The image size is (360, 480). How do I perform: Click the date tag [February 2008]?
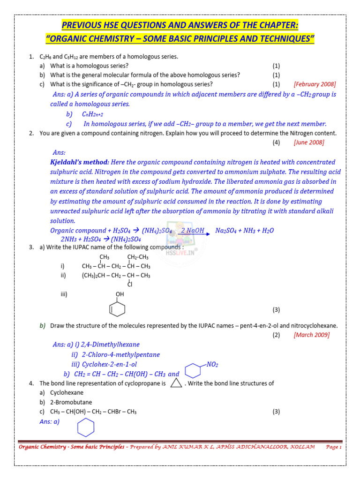pos(315,84)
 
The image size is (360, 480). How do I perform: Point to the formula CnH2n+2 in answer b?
pos(92,114)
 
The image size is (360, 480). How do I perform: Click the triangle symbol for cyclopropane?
pos(176,383)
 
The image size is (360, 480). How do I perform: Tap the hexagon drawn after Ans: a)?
pos(86,427)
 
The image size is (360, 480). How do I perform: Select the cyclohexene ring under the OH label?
pos(117,309)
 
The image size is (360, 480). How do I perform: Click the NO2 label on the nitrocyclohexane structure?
pos(212,364)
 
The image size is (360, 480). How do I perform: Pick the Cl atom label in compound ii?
pos(130,284)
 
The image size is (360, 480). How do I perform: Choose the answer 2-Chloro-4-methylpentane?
pos(120,354)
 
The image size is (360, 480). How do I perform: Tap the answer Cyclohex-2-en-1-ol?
pos(110,364)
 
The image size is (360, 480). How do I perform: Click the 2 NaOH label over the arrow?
pos(192,230)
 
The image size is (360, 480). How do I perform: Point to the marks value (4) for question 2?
pos(277,142)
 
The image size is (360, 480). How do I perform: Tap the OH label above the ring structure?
pos(120,294)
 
